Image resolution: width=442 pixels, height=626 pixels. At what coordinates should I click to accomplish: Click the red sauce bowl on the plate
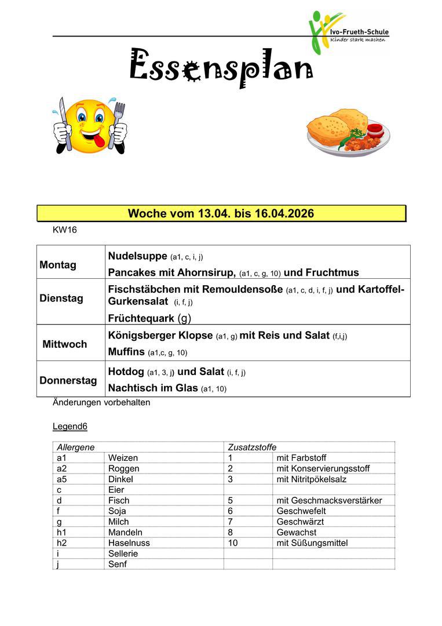[x=374, y=128]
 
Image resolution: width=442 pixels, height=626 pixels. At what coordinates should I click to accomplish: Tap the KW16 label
[x=64, y=230]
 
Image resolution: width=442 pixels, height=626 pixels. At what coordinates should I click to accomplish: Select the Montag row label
[x=58, y=265]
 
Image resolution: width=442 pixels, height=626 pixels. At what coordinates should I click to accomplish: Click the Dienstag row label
[x=61, y=299]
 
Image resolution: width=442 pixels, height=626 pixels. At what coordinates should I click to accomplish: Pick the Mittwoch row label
[x=65, y=344]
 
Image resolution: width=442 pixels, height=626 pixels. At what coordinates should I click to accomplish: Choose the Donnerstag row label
[x=68, y=381]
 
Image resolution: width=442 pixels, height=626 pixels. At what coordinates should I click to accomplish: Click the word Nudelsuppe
[x=137, y=256]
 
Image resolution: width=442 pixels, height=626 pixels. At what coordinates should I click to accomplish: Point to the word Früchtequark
[x=141, y=318]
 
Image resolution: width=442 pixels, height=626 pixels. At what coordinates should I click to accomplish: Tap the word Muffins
[x=126, y=352]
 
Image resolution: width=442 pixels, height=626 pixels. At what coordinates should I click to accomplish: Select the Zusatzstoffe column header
[x=252, y=447]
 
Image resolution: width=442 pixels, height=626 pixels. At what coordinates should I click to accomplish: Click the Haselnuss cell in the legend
[x=129, y=543]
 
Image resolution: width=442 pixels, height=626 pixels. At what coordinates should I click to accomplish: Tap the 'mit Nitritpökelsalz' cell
[x=315, y=479]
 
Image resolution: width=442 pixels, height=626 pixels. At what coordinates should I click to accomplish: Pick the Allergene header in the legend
[x=75, y=447]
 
